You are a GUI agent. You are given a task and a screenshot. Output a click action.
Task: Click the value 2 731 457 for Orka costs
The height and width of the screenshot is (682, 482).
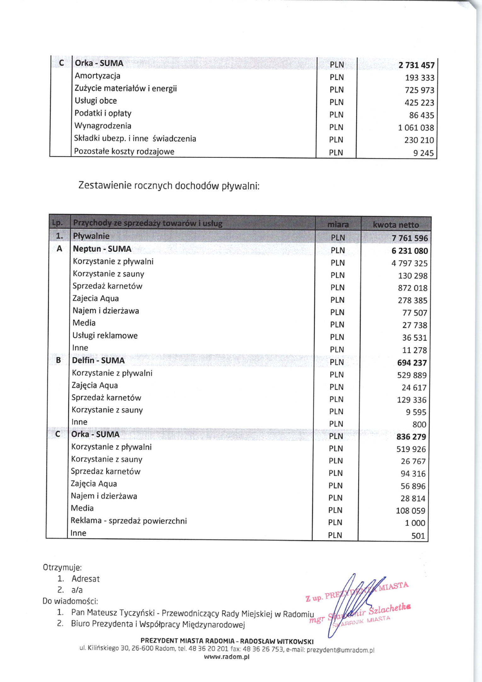(416, 65)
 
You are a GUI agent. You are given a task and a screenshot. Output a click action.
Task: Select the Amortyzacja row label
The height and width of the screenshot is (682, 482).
(97, 76)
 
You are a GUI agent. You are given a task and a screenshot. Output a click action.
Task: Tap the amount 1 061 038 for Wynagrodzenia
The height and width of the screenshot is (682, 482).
(416, 128)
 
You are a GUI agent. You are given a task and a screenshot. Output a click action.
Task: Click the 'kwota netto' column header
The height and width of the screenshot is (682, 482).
(396, 225)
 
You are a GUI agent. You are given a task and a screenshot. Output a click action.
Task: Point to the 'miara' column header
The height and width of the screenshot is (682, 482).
(338, 224)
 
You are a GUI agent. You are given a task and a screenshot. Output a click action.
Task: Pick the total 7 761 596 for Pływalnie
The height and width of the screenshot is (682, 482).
(410, 238)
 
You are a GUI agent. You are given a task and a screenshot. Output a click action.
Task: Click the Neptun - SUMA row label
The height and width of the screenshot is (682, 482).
(102, 249)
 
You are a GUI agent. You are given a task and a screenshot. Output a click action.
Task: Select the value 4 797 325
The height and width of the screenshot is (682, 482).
(409, 263)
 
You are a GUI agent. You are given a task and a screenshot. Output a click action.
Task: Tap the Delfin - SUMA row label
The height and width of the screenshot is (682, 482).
(98, 361)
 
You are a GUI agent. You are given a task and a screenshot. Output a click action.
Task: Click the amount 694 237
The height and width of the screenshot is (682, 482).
(412, 363)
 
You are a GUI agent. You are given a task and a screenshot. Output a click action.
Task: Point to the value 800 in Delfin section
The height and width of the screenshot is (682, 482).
(419, 425)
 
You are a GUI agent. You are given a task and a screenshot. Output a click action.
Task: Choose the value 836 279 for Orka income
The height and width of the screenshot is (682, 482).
(411, 437)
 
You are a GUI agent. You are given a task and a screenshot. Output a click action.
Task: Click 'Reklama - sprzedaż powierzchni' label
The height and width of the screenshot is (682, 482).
(129, 521)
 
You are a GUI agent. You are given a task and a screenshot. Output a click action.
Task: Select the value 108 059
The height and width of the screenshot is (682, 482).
(410, 511)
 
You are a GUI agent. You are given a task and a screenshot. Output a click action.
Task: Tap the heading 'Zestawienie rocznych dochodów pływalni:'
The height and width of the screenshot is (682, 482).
(169, 186)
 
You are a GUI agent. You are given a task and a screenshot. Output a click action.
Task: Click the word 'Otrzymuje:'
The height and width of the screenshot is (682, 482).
(62, 567)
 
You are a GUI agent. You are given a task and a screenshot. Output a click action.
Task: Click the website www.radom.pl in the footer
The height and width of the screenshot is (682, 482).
(227, 657)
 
